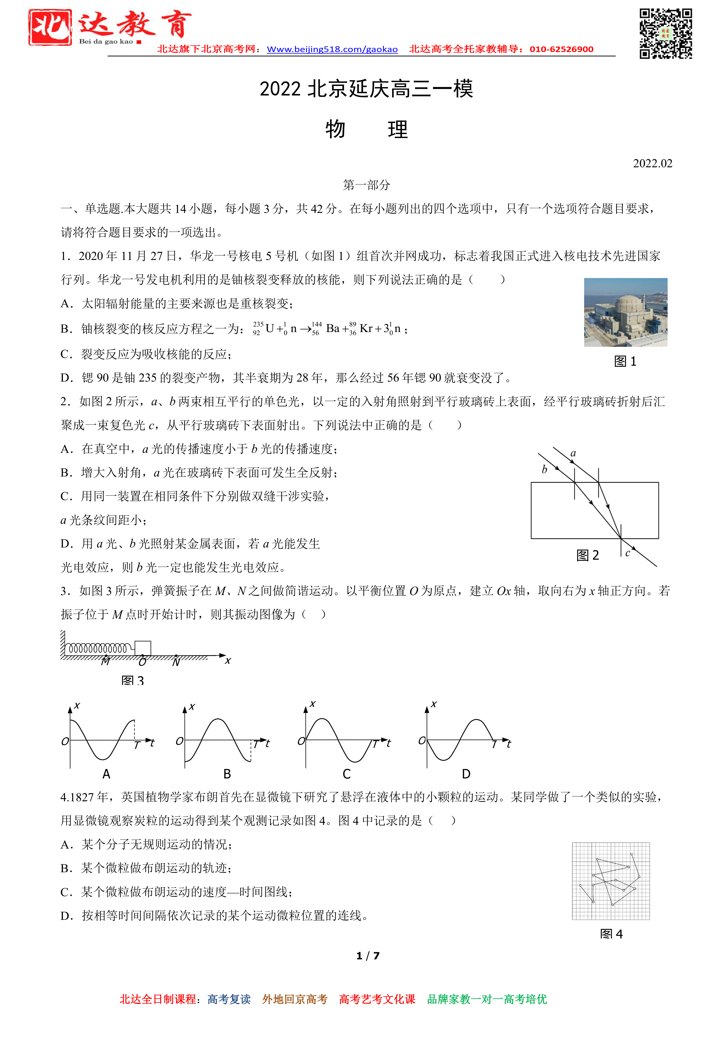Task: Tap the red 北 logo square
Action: [50, 28]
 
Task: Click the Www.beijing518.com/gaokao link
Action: [332, 49]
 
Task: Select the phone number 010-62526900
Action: [561, 49]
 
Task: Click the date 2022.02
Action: [652, 164]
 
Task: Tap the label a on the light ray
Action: [573, 453]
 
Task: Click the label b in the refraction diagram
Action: [545, 469]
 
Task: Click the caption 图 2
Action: [587, 556]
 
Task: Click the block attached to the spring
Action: [143, 648]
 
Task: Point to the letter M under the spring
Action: [105, 662]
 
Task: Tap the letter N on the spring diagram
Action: [176, 662]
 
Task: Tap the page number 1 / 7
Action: [368, 956]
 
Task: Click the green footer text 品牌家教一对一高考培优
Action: [487, 999]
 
